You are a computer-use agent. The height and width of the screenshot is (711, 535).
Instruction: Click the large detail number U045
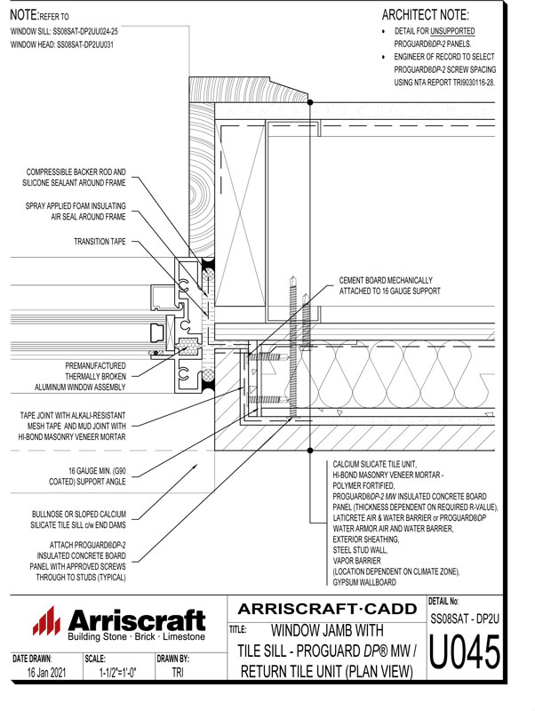[x=465, y=655]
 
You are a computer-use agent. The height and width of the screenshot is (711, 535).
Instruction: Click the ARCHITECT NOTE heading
[x=425, y=15]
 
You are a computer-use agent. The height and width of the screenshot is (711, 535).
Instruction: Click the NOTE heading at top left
[x=24, y=15]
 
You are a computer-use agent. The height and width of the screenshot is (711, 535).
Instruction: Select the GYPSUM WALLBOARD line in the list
[x=368, y=582]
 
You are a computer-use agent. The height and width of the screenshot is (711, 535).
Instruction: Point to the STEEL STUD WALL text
[x=366, y=550]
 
